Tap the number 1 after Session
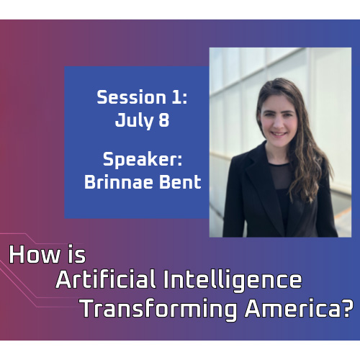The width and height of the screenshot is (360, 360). click(176, 97)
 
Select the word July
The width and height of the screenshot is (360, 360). click(134, 120)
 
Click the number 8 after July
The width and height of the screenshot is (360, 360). click(164, 120)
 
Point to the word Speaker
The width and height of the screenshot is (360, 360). click(140, 160)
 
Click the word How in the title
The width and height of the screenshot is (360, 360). click(35, 254)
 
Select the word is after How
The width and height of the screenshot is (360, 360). click(76, 254)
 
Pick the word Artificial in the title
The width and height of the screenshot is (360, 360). click(106, 279)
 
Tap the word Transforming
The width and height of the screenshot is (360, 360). click(159, 309)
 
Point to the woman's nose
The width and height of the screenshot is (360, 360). click(278, 122)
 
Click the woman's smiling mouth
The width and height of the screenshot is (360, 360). click(279, 134)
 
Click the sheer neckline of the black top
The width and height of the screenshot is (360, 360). click(281, 175)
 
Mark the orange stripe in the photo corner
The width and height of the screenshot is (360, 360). click(343, 213)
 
